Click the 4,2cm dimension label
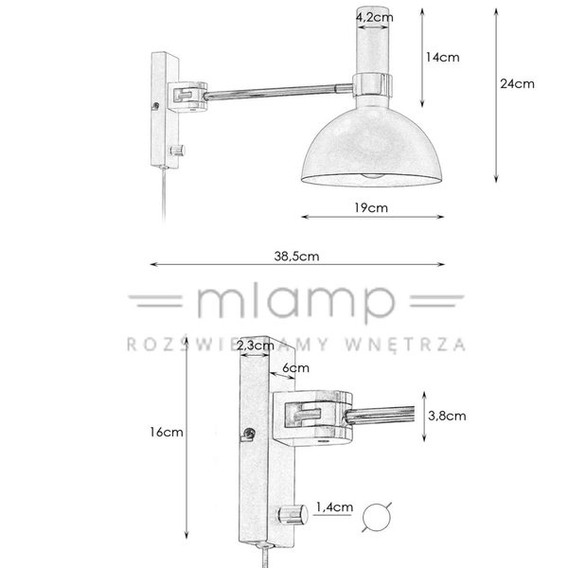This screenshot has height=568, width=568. pyautogui.click(x=374, y=17)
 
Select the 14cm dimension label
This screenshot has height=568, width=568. pyautogui.click(x=442, y=58)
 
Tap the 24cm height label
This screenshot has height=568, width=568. pyautogui.click(x=517, y=83)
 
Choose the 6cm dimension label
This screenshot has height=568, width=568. pyautogui.click(x=296, y=367)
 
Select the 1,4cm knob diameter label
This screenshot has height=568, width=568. pyautogui.click(x=337, y=508)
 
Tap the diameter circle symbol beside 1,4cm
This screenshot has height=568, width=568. pyautogui.click(x=378, y=516)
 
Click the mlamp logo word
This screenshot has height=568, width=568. pyautogui.click(x=293, y=304)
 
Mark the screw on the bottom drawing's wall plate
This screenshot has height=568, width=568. pyautogui.click(x=249, y=434)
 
